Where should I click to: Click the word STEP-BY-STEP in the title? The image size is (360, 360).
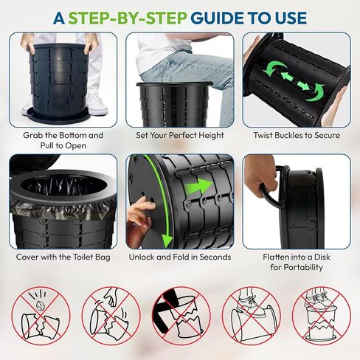coord(127,18)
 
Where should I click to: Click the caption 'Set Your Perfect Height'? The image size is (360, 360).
coord(180,136)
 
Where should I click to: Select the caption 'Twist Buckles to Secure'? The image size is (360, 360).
coord(297,135)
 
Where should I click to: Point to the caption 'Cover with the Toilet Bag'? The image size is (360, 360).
coord(63,257)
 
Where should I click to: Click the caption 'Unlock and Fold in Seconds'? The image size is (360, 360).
coord(180,257)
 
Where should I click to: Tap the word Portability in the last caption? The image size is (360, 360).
coord(297,267)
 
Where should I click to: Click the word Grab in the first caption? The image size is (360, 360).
coord(31,135)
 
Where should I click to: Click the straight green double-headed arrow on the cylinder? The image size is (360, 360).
coord(295,81)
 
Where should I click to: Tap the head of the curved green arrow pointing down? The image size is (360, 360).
coord(167,239)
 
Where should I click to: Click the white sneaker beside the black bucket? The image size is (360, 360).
coord(97,105)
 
